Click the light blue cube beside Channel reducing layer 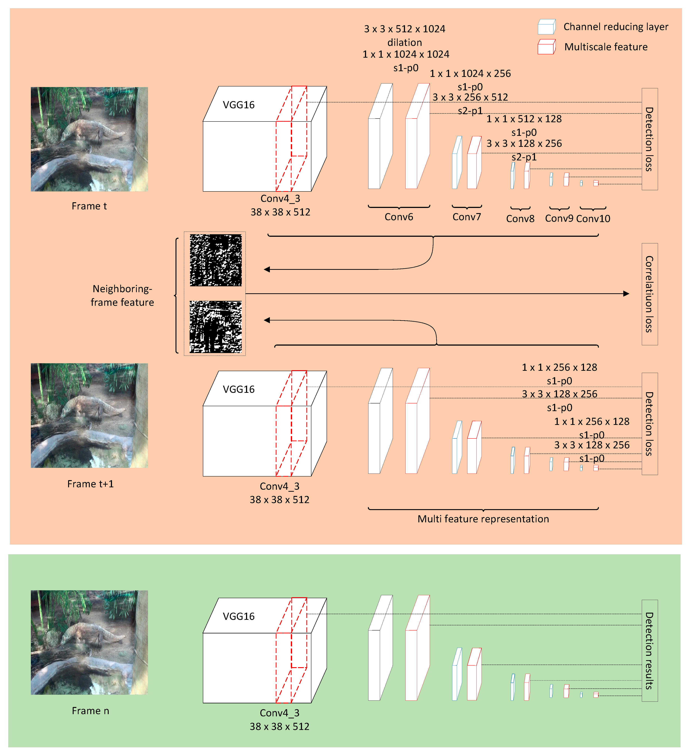click(546, 27)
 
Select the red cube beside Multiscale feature click(546, 47)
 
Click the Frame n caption click(90, 711)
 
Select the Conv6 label click(399, 217)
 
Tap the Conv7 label click(466, 217)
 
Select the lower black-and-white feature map click(216, 327)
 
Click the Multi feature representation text click(483, 519)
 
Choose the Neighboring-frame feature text click(122, 295)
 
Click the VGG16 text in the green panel click(238, 616)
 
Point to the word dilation click(405, 42)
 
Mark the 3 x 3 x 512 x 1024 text click(405, 29)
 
